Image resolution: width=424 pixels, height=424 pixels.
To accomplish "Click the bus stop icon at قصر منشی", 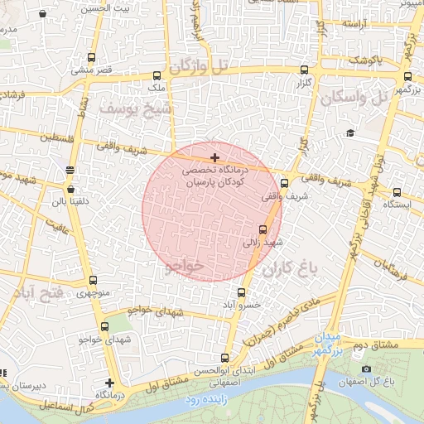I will (90, 59).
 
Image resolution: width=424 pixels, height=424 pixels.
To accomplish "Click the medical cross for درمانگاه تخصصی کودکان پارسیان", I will (215, 157).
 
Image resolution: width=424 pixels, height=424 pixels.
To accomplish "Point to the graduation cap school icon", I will (350, 133).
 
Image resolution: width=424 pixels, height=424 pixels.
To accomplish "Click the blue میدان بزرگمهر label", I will (327, 345).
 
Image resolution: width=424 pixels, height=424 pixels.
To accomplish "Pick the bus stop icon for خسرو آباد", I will (241, 292).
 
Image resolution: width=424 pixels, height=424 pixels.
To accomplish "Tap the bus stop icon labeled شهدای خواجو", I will (104, 327).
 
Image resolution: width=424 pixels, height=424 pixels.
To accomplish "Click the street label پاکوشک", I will (364, 60).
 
